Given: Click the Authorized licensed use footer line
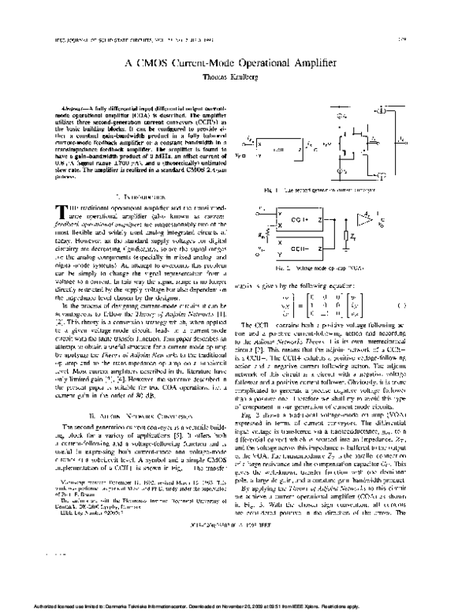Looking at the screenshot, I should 236,606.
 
